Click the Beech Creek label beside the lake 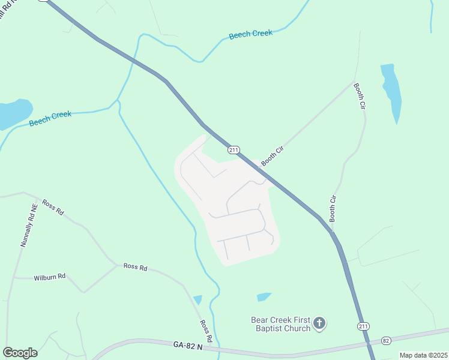(x=50, y=118)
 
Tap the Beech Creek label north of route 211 (x=251, y=34)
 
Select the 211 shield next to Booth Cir (x=234, y=149)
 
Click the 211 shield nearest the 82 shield (x=363, y=326)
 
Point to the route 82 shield (x=386, y=340)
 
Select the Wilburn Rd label (x=49, y=278)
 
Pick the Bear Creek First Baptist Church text (x=281, y=324)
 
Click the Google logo (x=20, y=352)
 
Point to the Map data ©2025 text (x=423, y=355)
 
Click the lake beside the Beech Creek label (x=13, y=113)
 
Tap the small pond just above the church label (x=264, y=297)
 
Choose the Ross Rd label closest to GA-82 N (x=205, y=331)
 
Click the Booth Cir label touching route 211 (x=271, y=155)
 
